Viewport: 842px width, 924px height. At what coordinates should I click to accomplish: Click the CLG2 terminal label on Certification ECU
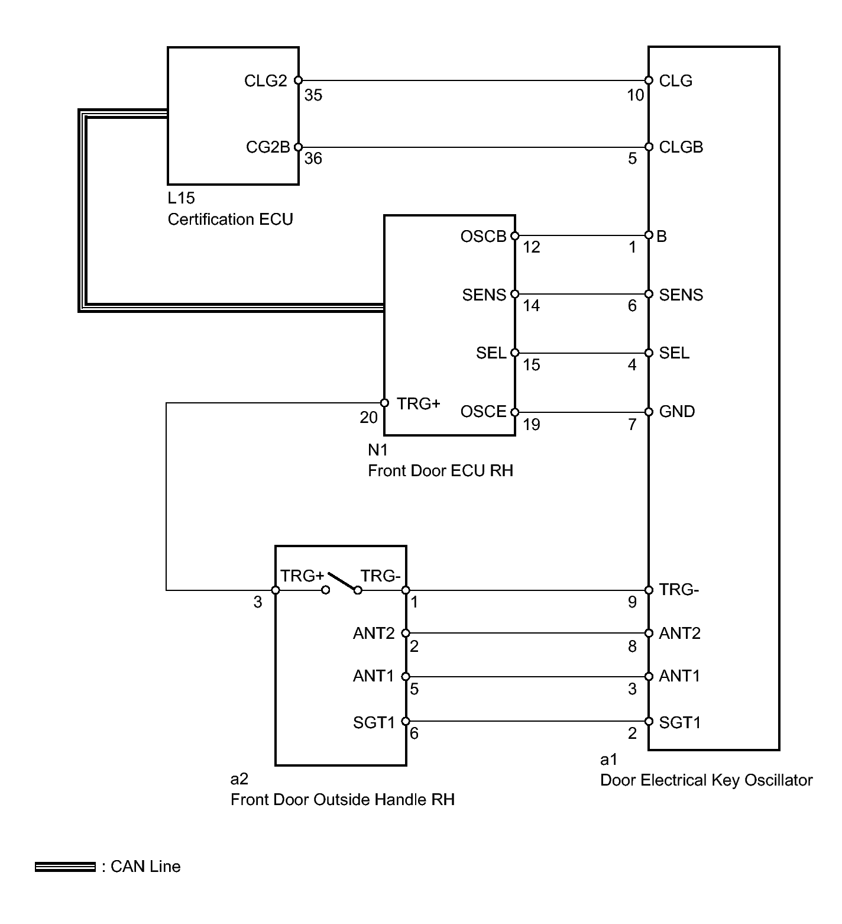265,80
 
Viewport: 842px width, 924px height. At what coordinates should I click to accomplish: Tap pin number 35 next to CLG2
313,95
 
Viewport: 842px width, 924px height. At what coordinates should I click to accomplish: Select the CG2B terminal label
268,147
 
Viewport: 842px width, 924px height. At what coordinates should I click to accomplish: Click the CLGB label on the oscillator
681,147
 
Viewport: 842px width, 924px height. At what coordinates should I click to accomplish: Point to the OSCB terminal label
484,237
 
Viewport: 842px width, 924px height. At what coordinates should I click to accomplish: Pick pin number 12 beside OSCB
532,247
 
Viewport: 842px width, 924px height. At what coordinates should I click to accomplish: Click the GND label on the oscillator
677,412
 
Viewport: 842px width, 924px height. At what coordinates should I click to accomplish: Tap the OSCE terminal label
484,412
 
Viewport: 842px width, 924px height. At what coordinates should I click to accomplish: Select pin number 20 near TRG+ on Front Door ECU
368,418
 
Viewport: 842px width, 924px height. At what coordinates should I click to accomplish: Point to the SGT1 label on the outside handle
374,722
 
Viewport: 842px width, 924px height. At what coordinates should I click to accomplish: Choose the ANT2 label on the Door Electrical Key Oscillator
680,634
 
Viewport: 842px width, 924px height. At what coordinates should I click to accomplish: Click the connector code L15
181,198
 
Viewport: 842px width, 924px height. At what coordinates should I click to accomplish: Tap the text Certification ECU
231,219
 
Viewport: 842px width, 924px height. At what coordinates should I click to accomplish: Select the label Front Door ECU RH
441,471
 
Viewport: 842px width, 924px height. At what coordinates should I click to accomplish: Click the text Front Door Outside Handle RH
343,800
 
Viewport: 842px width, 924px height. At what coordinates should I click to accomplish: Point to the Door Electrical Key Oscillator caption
707,780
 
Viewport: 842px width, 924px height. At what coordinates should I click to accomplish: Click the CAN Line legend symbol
65,867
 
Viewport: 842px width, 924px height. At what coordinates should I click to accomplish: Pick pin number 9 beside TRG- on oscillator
632,602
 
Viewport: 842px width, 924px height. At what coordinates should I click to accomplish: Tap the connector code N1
378,450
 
